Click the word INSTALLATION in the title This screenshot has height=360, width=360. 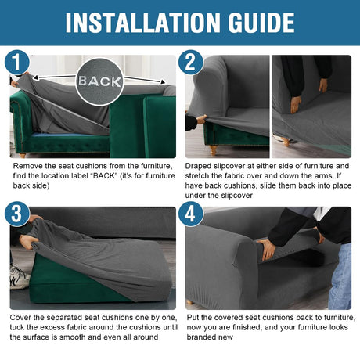143,23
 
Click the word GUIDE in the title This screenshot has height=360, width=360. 261,23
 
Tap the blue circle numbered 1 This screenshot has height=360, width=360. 17,63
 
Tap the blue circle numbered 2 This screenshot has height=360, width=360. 191,63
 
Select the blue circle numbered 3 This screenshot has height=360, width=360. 17,214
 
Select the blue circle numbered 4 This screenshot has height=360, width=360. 191,214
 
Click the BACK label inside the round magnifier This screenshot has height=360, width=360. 99,81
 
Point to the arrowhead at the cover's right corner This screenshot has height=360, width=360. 163,82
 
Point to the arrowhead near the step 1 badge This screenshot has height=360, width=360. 36,77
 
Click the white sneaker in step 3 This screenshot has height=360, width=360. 19,277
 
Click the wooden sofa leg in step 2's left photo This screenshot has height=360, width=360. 214,149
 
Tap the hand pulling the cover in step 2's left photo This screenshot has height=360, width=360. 202,119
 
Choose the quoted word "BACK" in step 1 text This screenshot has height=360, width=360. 104,175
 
